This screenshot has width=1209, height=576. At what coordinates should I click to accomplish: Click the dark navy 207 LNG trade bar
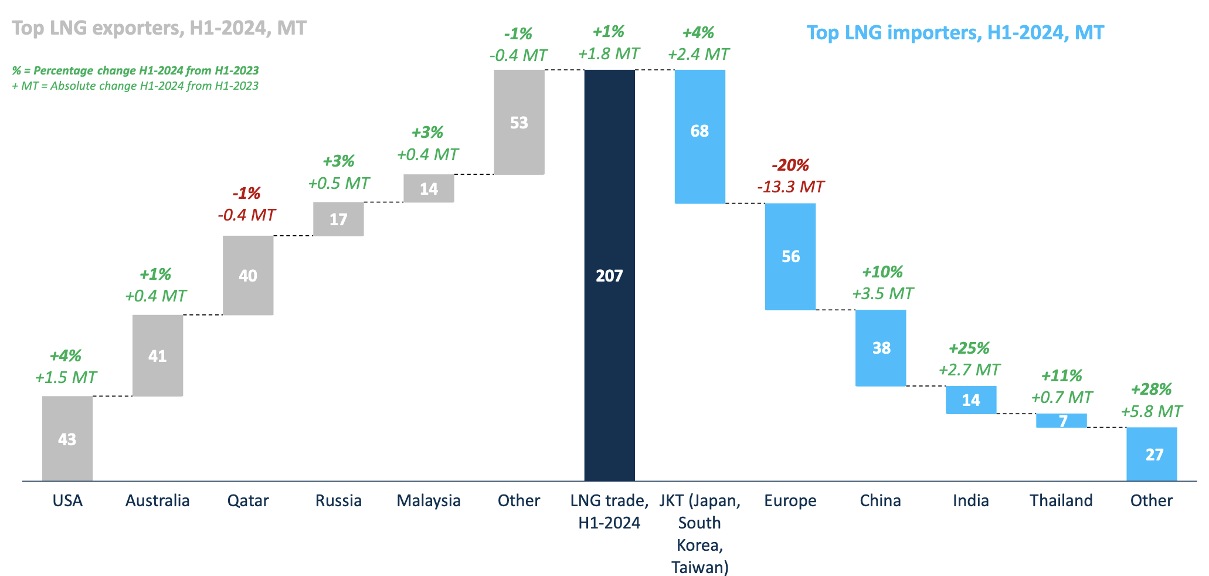[x=609, y=275]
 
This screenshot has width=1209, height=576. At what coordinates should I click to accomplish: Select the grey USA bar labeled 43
[x=67, y=438]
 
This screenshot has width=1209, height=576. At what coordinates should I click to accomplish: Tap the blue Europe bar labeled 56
[x=790, y=256]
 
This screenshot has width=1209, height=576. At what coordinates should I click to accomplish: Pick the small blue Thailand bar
[x=1061, y=421]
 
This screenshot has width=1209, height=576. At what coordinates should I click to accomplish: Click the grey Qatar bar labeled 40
[x=248, y=275]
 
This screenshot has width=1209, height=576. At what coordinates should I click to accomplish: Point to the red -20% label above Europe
[x=790, y=165]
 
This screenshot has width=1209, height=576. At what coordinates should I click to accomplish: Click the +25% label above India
[x=969, y=348]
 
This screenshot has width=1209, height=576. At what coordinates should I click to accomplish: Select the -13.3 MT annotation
[x=790, y=187]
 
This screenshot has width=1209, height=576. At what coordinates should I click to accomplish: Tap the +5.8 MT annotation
[x=1151, y=411]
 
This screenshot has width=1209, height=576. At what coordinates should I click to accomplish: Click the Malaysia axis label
[x=429, y=500]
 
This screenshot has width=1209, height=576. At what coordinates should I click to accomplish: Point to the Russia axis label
[x=338, y=500]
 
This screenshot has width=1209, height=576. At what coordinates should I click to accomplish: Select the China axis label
[x=880, y=500]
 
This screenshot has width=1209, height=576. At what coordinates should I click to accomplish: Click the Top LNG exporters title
[x=159, y=28]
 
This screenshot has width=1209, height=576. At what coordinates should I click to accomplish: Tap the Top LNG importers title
[x=955, y=32]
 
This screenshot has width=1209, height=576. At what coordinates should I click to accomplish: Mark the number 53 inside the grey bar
[x=519, y=123]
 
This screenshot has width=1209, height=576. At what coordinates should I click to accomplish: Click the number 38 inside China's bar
[x=881, y=348]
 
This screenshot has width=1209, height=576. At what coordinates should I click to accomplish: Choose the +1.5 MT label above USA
[x=66, y=377]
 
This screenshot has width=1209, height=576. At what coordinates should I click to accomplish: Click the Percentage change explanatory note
[x=135, y=70]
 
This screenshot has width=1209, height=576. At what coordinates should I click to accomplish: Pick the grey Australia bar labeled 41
[x=158, y=355]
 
